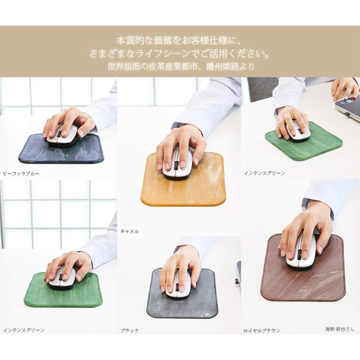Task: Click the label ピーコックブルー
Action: coord(21,173)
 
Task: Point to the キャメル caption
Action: coord(130,231)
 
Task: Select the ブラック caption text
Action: coord(129,330)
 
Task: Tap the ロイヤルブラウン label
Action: coord(262,330)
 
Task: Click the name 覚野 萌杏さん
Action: coord(340,329)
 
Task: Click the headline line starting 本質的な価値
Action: coord(180,40)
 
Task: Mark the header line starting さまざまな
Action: coord(180,54)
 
